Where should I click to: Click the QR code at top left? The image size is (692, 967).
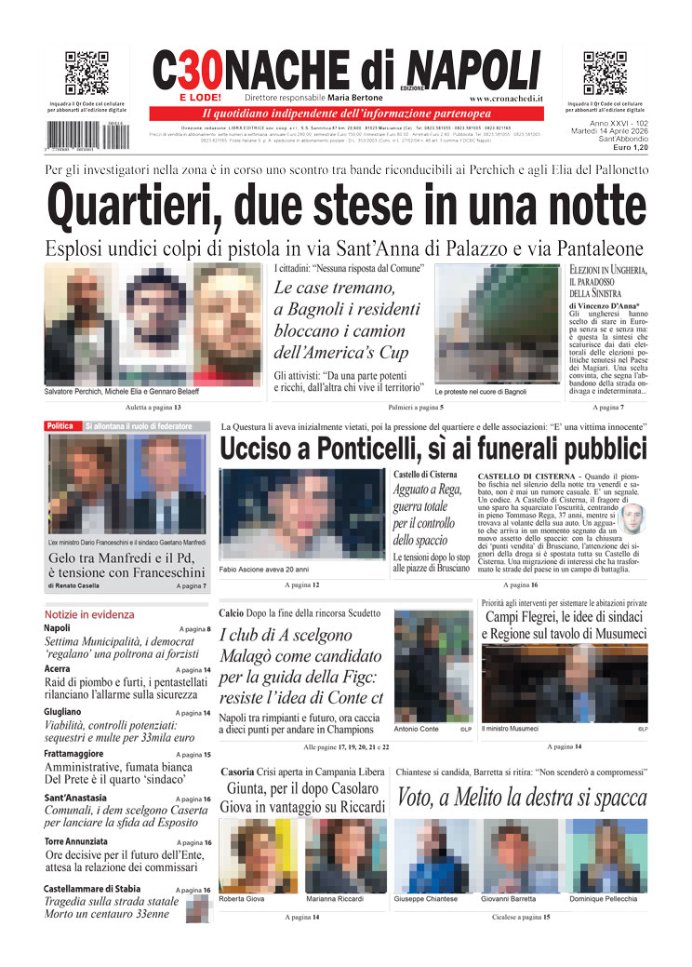tap(86, 74)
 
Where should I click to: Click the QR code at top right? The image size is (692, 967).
tap(605, 74)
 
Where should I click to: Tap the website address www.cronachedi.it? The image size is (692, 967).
tap(507, 98)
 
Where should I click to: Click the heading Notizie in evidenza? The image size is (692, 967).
tap(89, 614)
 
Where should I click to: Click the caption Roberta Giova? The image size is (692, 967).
tap(242, 899)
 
